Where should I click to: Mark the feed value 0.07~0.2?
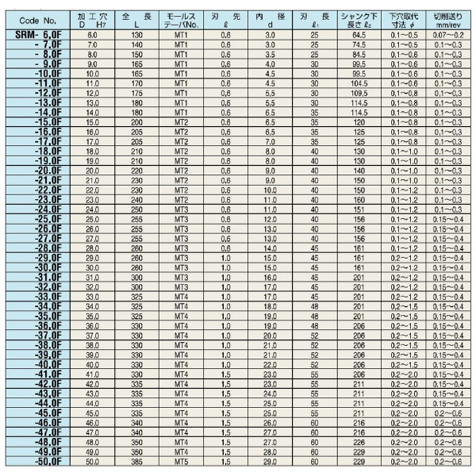coord(447,36)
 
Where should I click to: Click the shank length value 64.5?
coord(358,36)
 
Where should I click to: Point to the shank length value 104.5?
coord(358,83)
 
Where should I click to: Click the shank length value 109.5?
coord(358,94)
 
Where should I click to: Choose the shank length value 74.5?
coord(358,45)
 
